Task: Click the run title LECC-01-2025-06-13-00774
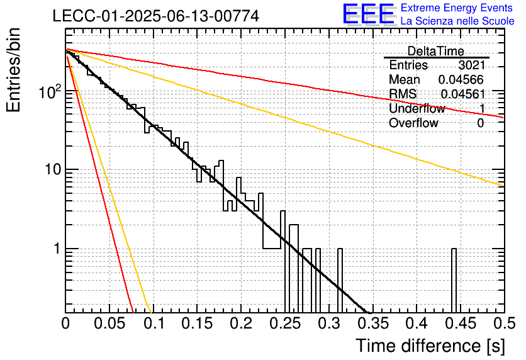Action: click(155, 16)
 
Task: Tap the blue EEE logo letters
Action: click(369, 13)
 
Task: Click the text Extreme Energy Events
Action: click(457, 8)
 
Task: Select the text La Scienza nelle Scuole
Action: click(457, 21)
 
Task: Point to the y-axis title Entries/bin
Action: click(13, 70)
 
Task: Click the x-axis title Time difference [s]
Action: click(430, 346)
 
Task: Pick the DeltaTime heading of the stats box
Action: click(436, 51)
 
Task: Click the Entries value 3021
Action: click(472, 65)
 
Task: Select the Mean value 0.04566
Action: click(461, 79)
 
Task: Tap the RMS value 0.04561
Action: click(463, 94)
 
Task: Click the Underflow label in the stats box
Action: click(417, 108)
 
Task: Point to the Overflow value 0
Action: click(480, 123)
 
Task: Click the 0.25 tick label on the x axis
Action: click(285, 323)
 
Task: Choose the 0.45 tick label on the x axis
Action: click(461, 323)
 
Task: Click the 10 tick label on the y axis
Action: click(53, 169)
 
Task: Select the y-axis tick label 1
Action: click(57, 249)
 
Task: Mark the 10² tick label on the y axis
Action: click(50, 91)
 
